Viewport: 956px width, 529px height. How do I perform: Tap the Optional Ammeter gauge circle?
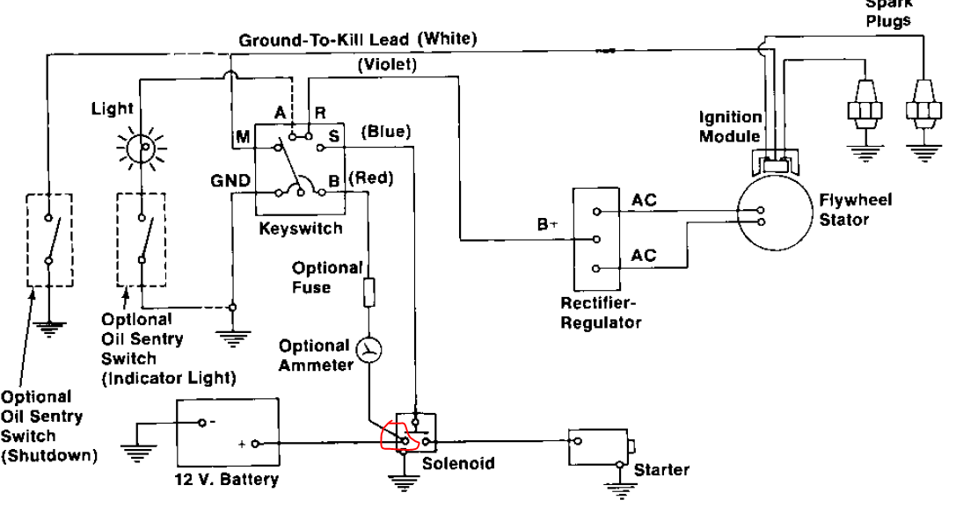pyautogui.click(x=370, y=351)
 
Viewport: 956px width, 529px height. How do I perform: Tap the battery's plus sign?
pyautogui.click(x=241, y=443)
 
